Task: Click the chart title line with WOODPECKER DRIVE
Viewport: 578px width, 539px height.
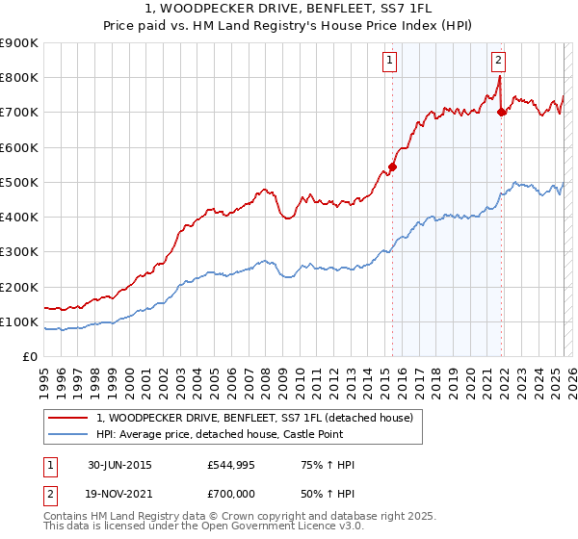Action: coord(289,10)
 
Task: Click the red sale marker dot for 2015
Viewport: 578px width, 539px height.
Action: coord(392,167)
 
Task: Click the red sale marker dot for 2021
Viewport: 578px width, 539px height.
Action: coord(501,113)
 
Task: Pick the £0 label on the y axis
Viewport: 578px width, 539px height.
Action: coord(30,357)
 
